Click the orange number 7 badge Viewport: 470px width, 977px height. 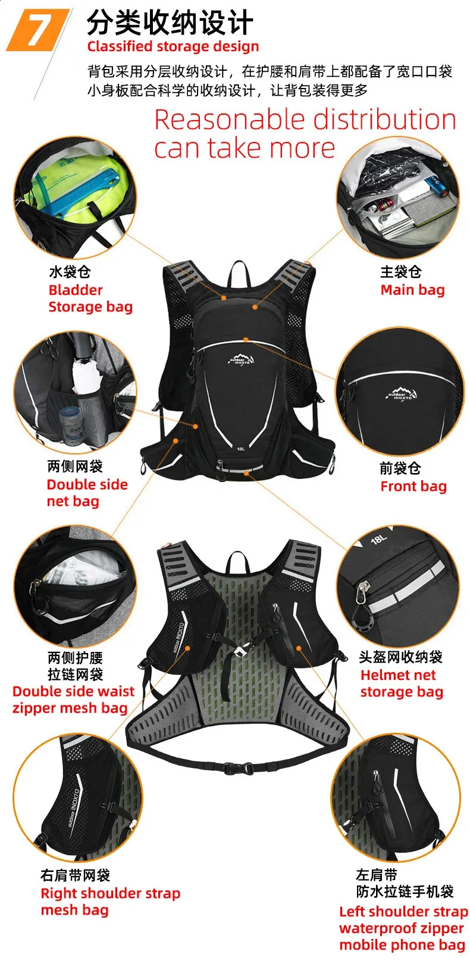(38, 30)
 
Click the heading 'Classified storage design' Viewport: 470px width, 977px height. (173, 46)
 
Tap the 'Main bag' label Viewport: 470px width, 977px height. (412, 290)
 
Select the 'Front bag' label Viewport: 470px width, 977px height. (413, 486)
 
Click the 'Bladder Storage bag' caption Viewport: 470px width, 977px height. (90, 298)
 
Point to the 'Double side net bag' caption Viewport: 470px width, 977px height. (87, 493)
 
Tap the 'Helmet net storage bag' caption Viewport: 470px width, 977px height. (402, 683)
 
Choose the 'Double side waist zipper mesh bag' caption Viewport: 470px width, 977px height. (73, 699)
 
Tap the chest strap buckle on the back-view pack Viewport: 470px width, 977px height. (240, 651)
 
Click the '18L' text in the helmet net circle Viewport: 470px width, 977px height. (378, 540)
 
